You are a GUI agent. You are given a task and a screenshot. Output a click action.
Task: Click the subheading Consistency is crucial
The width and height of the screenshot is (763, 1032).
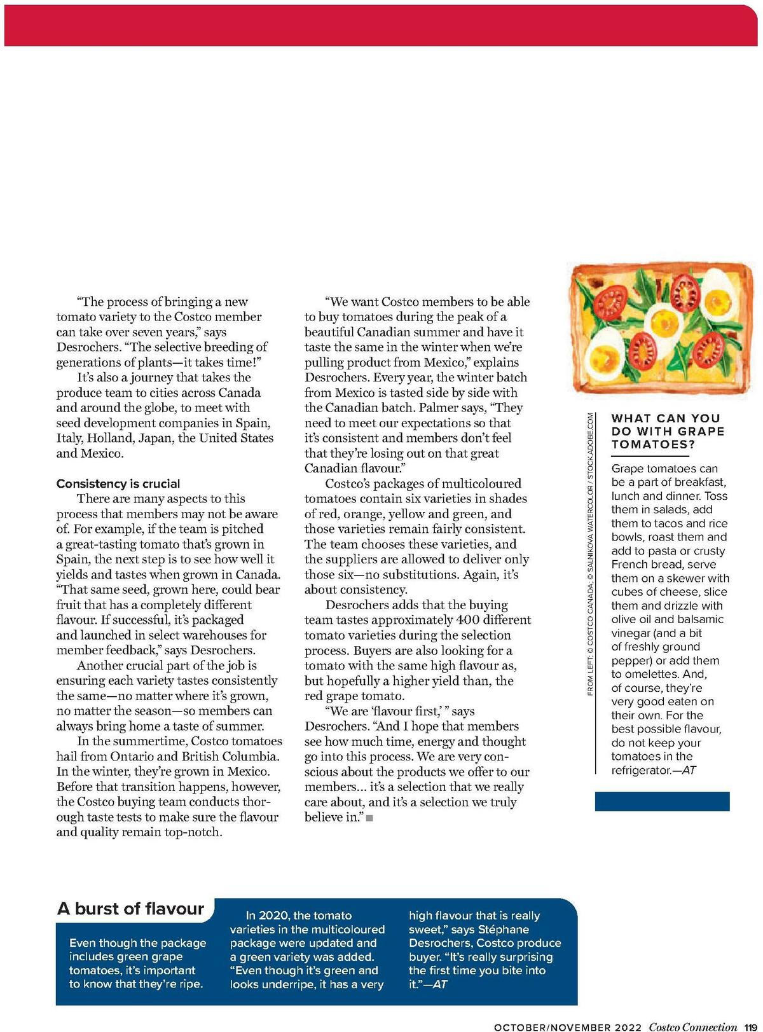(118, 484)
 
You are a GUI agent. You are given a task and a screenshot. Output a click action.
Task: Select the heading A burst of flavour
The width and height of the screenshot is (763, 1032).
(131, 909)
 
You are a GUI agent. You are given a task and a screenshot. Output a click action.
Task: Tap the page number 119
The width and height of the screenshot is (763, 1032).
(750, 1027)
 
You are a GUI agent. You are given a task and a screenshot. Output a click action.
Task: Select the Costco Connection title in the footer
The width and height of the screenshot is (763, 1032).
(693, 1027)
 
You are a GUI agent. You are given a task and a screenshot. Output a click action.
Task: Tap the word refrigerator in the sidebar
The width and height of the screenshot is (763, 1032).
(641, 770)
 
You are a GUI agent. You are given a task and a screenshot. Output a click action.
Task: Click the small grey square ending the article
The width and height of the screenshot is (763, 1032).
(369, 818)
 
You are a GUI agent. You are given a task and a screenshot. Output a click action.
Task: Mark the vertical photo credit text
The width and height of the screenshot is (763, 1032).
(590, 553)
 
